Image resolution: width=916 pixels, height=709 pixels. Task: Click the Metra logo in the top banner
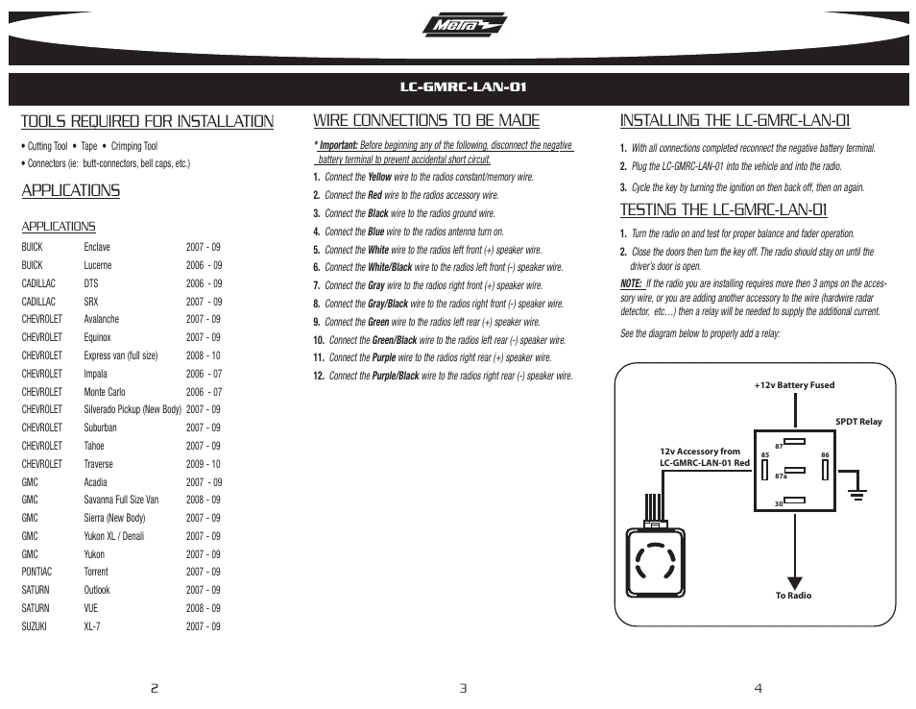click(464, 27)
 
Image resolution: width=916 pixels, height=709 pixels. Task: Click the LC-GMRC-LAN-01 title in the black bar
click(464, 87)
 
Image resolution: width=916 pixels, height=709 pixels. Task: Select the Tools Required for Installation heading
click(147, 121)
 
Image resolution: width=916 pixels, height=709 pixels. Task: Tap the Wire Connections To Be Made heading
click(426, 121)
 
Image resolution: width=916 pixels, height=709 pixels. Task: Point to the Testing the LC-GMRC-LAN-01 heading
click(723, 209)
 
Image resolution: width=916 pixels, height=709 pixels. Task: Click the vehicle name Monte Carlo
click(105, 392)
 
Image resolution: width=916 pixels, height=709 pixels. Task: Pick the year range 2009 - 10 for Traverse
click(204, 464)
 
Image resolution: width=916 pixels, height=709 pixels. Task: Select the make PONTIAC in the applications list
click(37, 572)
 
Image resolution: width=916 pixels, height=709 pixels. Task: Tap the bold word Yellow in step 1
click(379, 178)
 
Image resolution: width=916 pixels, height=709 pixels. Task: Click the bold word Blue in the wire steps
click(376, 232)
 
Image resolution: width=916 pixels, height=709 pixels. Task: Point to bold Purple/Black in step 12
click(396, 376)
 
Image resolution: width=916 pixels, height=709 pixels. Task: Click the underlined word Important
click(338, 146)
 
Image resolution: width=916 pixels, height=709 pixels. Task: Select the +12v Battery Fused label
click(794, 385)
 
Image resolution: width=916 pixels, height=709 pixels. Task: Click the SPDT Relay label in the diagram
click(858, 422)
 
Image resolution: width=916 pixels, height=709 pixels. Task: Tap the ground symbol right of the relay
click(856, 494)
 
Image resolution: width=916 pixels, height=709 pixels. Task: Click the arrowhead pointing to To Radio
click(794, 580)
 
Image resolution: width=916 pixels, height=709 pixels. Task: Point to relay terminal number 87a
click(781, 476)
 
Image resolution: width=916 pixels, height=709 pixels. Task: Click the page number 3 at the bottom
click(462, 688)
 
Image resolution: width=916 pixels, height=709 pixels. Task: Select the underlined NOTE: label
click(631, 283)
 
